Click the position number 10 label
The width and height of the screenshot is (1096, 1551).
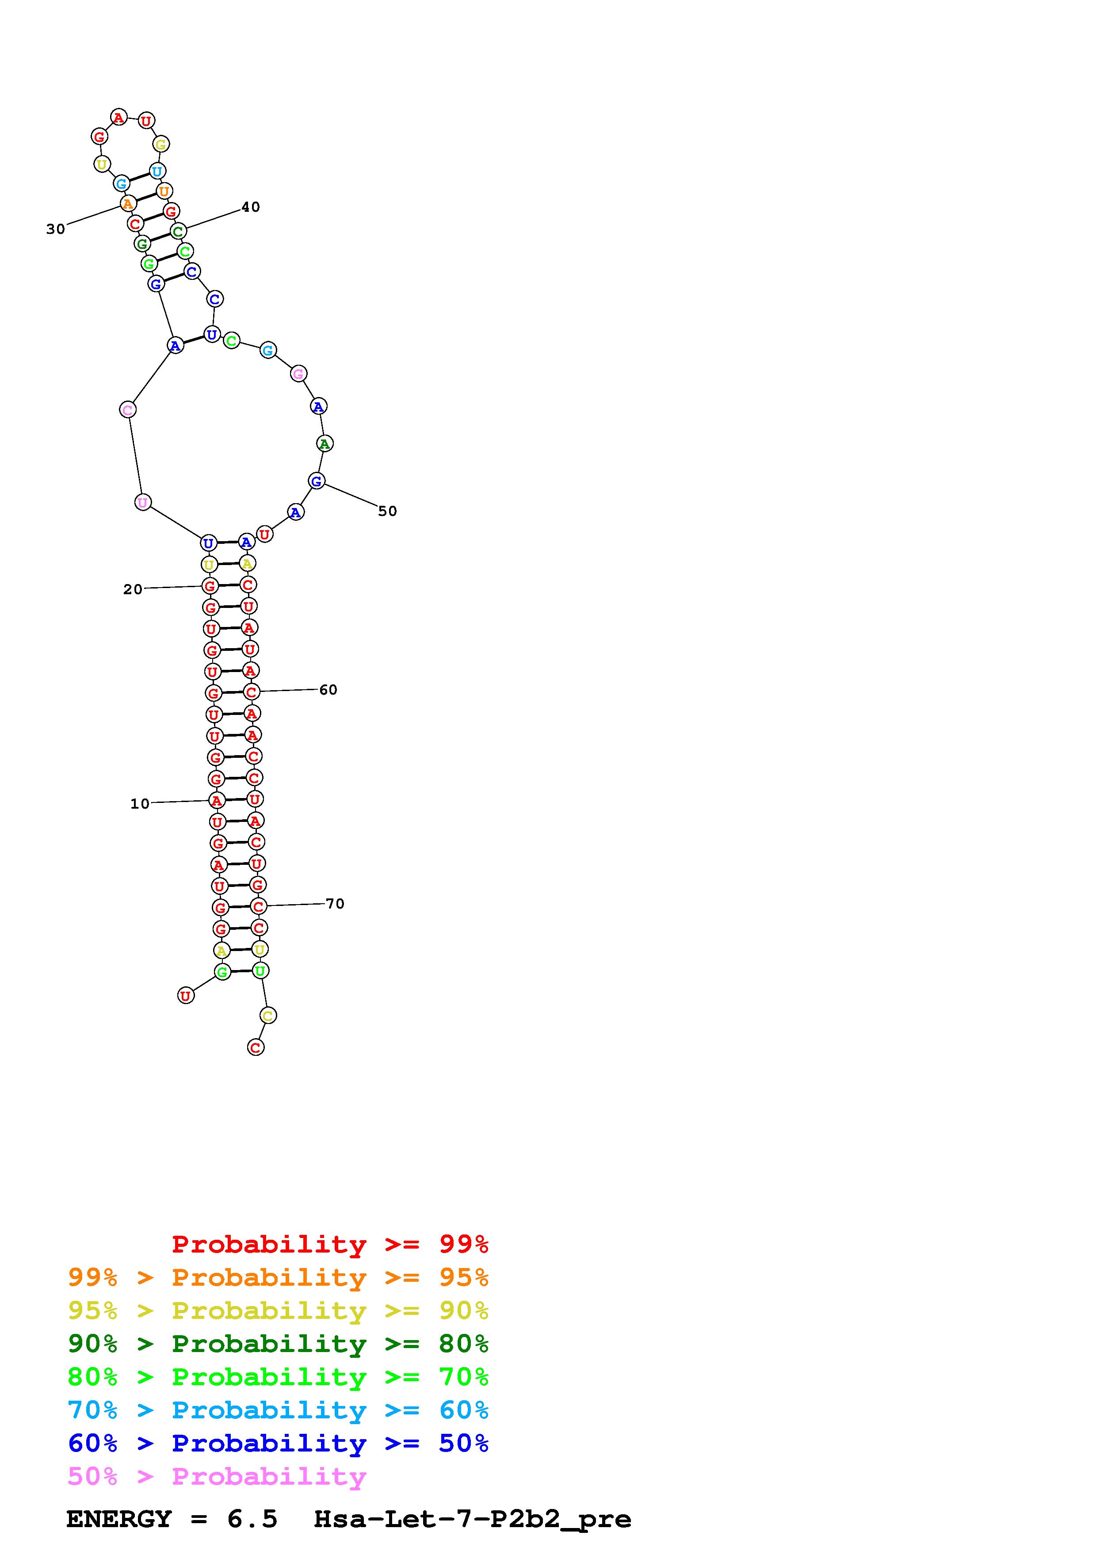140,803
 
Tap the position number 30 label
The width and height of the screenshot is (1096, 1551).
55,229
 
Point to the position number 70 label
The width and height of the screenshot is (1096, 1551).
335,903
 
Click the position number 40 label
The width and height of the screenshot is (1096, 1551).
251,207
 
